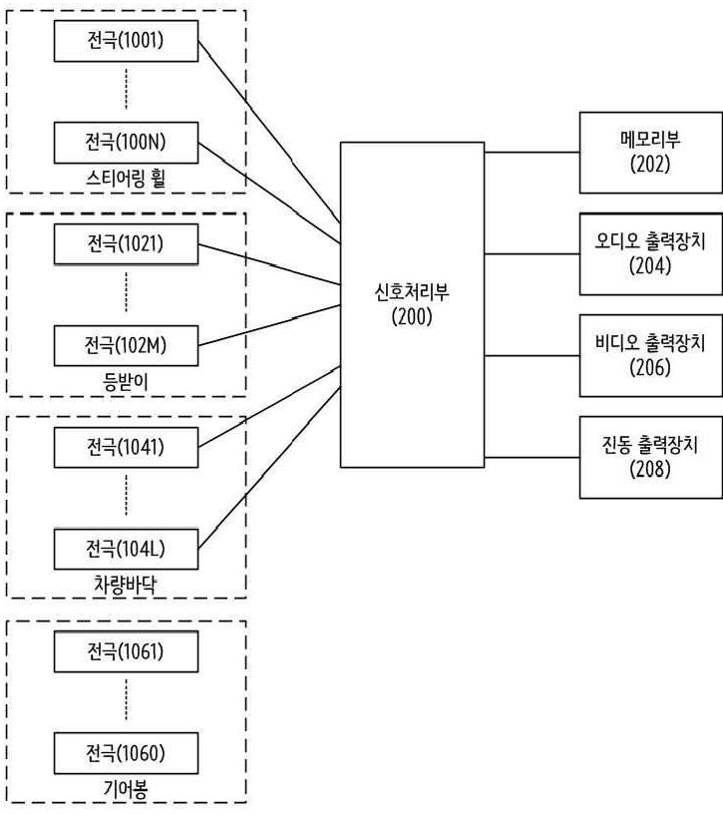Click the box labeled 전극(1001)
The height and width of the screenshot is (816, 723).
point(126,42)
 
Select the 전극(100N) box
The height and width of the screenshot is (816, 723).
point(126,142)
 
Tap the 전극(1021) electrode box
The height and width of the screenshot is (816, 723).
point(126,243)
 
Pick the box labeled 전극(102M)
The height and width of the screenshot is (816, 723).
point(126,345)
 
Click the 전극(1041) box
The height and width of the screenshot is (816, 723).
point(126,446)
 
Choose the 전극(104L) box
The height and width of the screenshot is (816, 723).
point(126,548)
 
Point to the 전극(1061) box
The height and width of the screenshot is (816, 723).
point(126,651)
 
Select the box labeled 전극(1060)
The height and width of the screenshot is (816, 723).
point(126,751)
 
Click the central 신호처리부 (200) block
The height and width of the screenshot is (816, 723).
point(412,304)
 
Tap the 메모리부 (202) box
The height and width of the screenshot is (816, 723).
point(650,152)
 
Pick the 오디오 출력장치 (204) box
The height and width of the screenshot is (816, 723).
point(650,253)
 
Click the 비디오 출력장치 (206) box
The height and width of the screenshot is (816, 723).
point(650,354)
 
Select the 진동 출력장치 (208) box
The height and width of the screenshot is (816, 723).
point(650,457)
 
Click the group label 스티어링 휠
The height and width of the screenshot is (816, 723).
point(126,180)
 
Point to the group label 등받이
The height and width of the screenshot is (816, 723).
point(126,382)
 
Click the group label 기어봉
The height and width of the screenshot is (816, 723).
point(126,788)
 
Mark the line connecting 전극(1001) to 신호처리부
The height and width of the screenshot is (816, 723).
point(269,130)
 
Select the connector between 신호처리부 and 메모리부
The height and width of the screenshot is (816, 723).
point(532,153)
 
